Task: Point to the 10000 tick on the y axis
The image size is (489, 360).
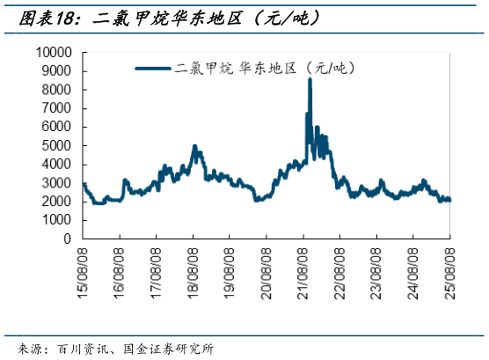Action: tap(55, 53)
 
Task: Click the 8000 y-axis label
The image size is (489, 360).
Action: tap(57, 90)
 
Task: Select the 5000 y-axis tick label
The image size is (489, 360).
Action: tap(57, 145)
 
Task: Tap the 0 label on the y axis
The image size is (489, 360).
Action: tap(69, 239)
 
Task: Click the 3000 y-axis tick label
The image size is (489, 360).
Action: tap(57, 182)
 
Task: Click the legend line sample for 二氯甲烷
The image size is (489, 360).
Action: tap(153, 67)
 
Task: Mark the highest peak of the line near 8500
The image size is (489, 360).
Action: tap(310, 80)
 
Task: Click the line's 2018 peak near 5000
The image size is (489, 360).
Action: tap(194, 146)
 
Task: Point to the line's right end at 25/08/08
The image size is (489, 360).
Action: tap(449, 200)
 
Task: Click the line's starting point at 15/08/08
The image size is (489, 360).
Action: tap(84, 183)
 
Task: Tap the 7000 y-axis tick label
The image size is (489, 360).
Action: tap(57, 108)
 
